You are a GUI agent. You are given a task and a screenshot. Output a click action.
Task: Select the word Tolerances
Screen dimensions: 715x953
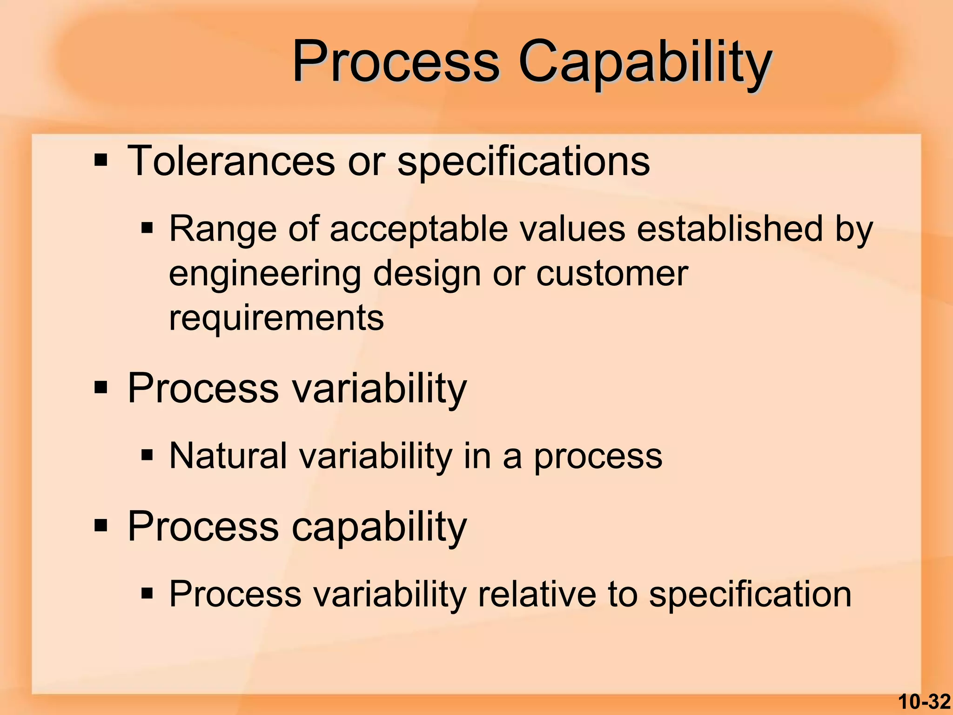(231, 161)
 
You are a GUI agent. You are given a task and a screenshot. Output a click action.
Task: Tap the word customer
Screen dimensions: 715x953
(612, 274)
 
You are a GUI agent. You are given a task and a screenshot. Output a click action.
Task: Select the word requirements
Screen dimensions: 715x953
(276, 319)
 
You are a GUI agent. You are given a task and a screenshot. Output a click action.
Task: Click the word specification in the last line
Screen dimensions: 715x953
(750, 595)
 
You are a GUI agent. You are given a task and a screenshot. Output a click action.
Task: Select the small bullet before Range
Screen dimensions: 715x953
(147, 228)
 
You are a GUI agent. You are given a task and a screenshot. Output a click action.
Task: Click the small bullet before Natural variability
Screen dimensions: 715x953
(147, 455)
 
